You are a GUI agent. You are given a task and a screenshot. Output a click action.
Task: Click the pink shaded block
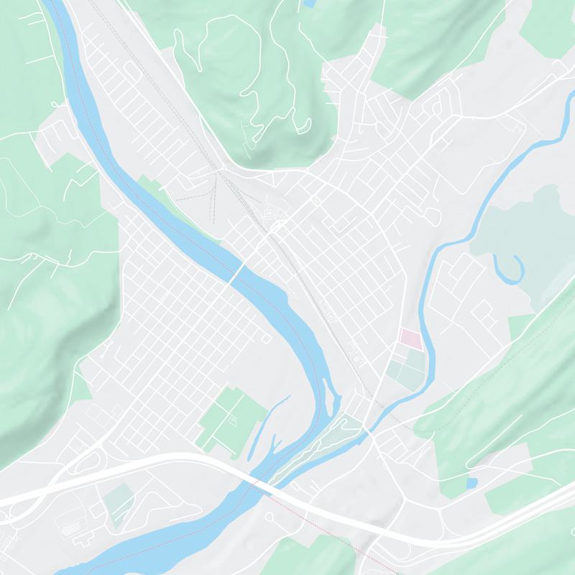(x=410, y=339)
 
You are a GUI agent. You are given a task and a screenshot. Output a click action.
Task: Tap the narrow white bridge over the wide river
(x=236, y=272)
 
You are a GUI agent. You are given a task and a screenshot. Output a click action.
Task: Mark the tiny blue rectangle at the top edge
(x=309, y=4)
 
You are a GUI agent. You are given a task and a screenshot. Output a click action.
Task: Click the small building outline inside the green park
(x=232, y=417)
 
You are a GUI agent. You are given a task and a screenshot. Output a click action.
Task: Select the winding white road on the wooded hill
(x=252, y=86)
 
